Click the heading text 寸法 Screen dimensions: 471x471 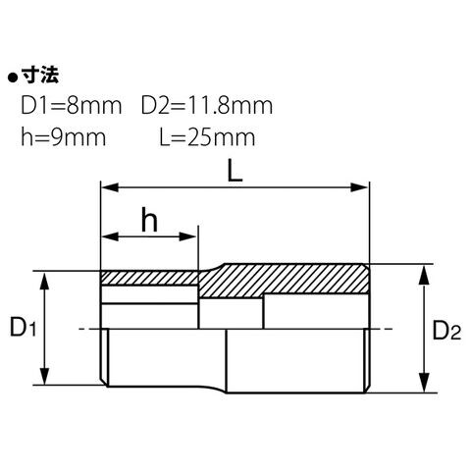(x=40, y=76)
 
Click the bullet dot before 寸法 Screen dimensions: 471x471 (x=13, y=78)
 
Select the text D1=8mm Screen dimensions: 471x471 (x=72, y=105)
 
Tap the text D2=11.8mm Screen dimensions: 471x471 (x=207, y=105)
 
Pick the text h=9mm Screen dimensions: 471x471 (x=64, y=137)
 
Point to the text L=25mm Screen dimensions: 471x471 (x=207, y=137)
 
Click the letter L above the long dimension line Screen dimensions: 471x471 (x=235, y=172)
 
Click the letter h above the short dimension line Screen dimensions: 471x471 (x=149, y=220)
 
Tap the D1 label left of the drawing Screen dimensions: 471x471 (x=23, y=328)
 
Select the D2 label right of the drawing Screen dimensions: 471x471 (x=446, y=331)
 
